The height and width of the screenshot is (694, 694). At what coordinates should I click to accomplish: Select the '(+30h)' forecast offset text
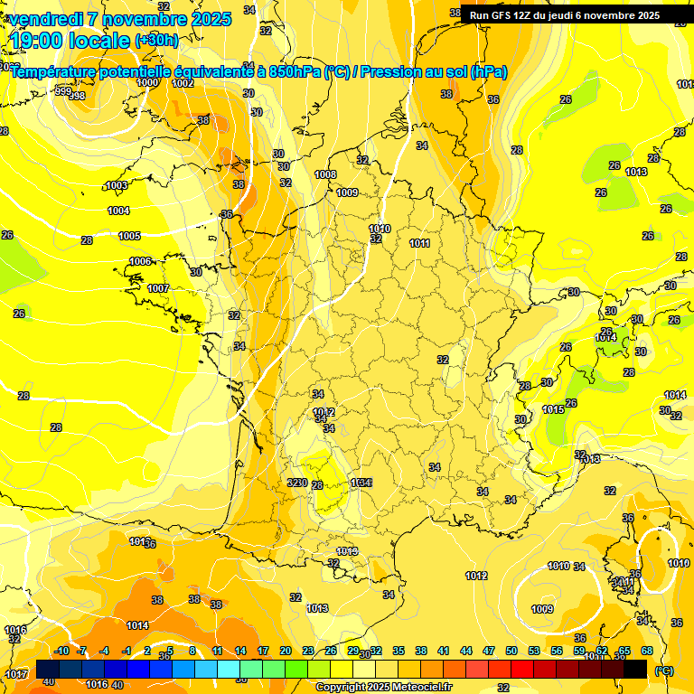156,41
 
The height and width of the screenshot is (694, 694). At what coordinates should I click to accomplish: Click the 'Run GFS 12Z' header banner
564,15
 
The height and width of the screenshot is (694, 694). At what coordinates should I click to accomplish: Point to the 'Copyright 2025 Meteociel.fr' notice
383,687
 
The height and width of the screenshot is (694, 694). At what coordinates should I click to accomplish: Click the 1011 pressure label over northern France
419,243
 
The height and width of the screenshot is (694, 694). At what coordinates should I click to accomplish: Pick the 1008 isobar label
325,174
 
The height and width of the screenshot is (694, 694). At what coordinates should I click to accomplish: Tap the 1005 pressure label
130,236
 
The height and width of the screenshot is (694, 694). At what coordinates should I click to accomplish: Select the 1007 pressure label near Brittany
158,288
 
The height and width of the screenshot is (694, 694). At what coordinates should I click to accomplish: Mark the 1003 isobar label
117,185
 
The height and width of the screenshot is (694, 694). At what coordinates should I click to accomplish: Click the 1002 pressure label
183,83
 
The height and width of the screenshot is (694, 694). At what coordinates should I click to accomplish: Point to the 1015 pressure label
553,409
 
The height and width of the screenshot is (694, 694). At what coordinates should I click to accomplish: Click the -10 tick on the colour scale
61,651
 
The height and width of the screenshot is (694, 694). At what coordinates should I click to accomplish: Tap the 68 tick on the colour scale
647,651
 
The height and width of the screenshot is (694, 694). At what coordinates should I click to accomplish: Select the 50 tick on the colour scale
511,651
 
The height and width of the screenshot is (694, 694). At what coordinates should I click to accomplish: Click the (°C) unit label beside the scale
664,670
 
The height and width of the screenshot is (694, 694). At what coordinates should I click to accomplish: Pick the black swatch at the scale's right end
635,669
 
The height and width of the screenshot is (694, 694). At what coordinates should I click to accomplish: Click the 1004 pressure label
118,211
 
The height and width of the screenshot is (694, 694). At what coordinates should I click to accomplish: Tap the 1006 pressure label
140,261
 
